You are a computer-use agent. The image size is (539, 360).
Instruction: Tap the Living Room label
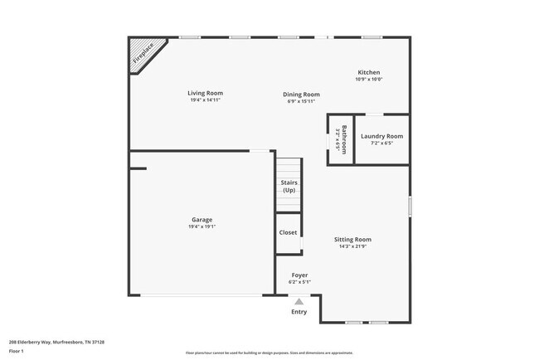[x=205, y=93]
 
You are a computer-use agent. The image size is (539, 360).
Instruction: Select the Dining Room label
[x=301, y=95]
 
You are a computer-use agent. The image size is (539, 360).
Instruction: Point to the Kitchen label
[x=369, y=72]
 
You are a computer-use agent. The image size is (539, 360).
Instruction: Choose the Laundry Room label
[x=381, y=136]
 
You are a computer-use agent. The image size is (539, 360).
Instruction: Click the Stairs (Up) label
[x=289, y=187]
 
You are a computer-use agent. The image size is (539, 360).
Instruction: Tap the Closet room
[x=288, y=232]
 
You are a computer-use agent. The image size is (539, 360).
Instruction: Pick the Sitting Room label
[x=352, y=239]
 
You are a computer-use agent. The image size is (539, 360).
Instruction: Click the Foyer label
[x=299, y=275]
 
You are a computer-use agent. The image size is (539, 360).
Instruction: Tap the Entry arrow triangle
[x=299, y=302]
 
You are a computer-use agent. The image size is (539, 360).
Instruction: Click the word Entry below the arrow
[x=299, y=312]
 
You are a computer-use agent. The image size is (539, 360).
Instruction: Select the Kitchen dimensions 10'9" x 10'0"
[x=369, y=80]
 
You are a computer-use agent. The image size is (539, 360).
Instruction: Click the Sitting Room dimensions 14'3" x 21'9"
[x=352, y=246]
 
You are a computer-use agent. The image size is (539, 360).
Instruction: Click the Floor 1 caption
[x=17, y=352]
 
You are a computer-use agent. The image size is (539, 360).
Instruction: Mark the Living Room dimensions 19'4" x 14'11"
[x=205, y=100]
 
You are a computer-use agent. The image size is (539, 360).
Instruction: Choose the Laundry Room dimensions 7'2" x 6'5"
[x=381, y=144]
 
